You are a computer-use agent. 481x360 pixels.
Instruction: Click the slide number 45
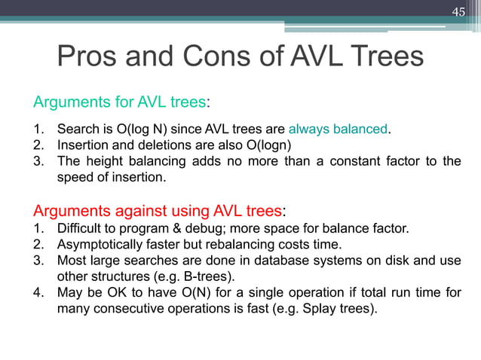[459, 12]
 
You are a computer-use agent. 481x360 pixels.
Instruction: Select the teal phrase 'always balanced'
[338, 129]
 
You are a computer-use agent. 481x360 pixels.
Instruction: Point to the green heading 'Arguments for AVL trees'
[119, 102]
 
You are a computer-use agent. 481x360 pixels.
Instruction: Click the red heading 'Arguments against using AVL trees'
[156, 209]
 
